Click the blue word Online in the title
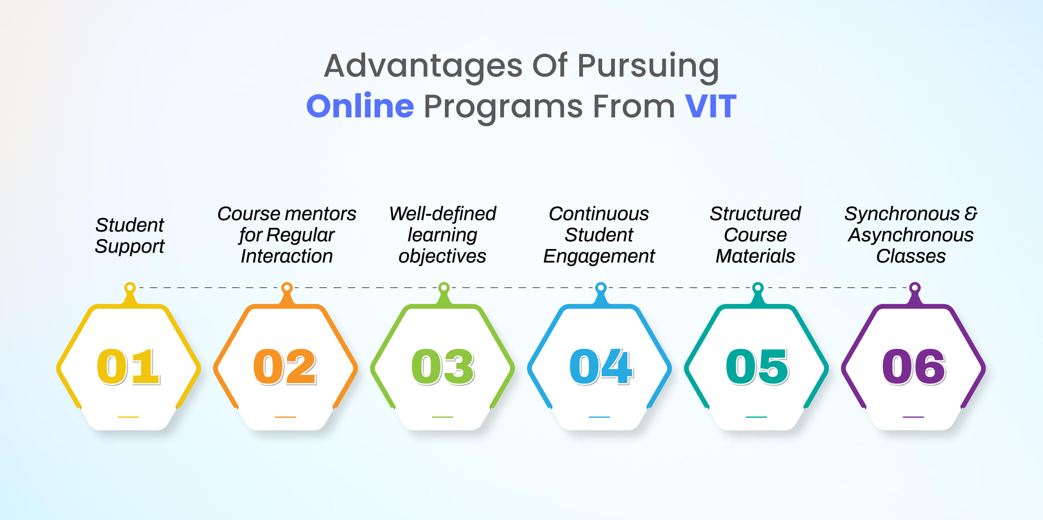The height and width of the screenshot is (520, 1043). point(360,106)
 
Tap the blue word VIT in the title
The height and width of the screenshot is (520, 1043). point(711,106)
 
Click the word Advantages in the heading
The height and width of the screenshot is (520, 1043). point(423,66)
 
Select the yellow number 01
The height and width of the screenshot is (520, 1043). point(128,367)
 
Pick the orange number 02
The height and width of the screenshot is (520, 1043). point(285,367)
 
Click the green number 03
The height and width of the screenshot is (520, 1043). point(443,367)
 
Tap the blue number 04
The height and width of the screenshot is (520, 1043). point(601,367)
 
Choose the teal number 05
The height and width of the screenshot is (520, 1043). point(757,367)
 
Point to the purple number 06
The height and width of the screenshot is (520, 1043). point(914,367)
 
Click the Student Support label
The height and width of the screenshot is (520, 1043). point(130,236)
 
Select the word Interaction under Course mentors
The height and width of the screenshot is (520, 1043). point(287,256)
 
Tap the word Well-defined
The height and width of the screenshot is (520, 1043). point(443,214)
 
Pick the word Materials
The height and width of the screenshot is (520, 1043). point(755,256)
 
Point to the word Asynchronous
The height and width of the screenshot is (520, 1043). point(911,235)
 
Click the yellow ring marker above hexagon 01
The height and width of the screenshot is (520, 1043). point(130,288)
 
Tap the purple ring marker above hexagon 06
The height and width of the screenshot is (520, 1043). point(915,288)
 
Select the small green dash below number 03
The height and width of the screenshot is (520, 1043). point(442,417)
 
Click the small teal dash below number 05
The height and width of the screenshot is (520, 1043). point(756,417)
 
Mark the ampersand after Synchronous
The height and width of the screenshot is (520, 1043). point(971,214)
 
